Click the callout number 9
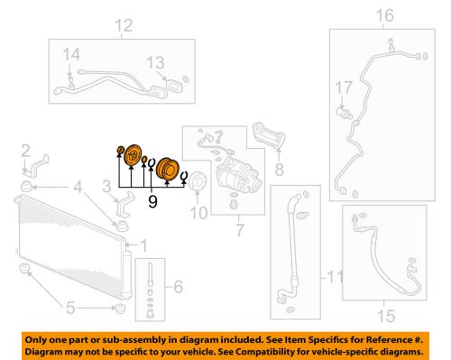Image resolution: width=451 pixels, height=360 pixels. point(152,202)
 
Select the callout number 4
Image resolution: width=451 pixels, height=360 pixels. point(78,188)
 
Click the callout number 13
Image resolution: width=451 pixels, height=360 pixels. point(155,61)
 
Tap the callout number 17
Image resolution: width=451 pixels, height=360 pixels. point(343,88)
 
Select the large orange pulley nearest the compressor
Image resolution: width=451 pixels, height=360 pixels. point(167,168)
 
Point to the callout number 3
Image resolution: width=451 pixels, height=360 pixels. point(106,188)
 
